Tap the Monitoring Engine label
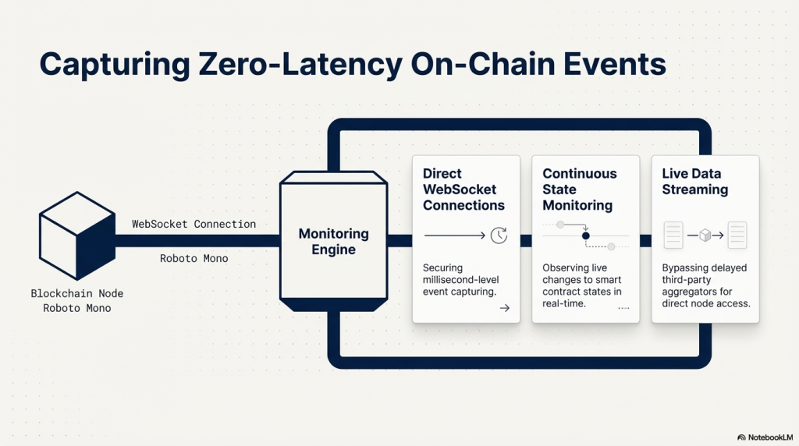(333, 242)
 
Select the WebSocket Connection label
(194, 225)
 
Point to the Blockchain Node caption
(77, 294)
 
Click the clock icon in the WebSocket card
(499, 234)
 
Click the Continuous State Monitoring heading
(580, 189)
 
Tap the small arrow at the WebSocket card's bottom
(504, 308)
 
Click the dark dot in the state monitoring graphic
(586, 235)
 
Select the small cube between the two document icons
(705, 235)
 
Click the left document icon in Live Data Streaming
(673, 235)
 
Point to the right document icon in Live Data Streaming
(737, 235)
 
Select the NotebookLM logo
(765, 437)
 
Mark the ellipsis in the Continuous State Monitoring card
(623, 309)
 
